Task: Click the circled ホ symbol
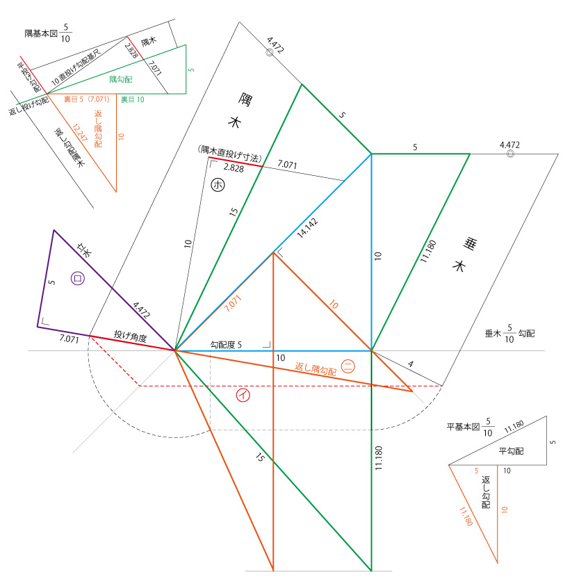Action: tap(218, 185)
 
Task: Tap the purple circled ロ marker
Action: tap(78, 279)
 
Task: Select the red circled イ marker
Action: tap(243, 395)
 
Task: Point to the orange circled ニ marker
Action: tap(348, 366)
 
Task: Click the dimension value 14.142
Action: tap(308, 228)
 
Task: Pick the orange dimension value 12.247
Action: tap(80, 133)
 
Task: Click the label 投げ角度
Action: tap(131, 336)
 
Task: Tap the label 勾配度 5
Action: tap(226, 345)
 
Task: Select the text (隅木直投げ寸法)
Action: tap(230, 154)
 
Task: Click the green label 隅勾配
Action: tap(121, 79)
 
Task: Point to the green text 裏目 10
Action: tap(132, 99)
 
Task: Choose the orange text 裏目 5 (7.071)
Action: tap(86, 99)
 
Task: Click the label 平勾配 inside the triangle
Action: tap(512, 451)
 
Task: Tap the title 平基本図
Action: tap(464, 427)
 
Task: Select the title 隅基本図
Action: tap(41, 33)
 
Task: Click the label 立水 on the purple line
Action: tap(84, 250)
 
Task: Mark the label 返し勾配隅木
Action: tap(70, 147)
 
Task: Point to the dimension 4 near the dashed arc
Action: tap(410, 364)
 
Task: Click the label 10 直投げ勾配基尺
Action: tap(76, 67)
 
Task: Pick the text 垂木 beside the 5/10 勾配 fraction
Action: tap(493, 334)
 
